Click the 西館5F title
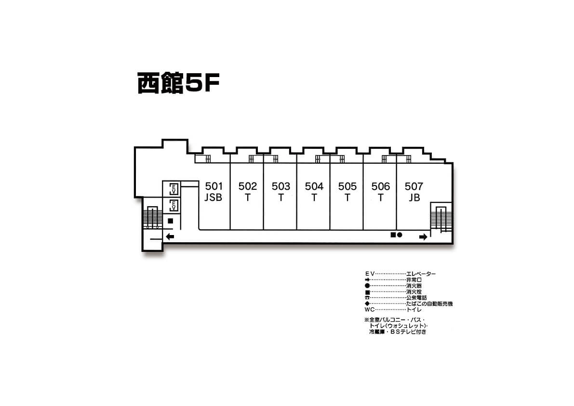pyautogui.click(x=178, y=83)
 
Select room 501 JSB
pyautogui.click(x=214, y=192)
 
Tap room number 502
pyautogui.click(x=247, y=186)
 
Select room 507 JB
pyautogui.click(x=414, y=192)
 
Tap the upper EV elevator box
pyautogui.click(x=174, y=189)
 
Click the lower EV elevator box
pyautogui.click(x=174, y=206)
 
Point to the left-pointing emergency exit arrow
pyautogui.click(x=170, y=236)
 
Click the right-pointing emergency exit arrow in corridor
pyautogui.click(x=423, y=237)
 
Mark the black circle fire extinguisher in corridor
pyautogui.click(x=400, y=235)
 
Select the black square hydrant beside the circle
pyautogui.click(x=393, y=235)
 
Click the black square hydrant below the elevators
pyautogui.click(x=170, y=221)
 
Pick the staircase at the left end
pyautogui.click(x=152, y=218)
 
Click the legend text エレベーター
pyautogui.click(x=421, y=274)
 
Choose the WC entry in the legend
pyautogui.click(x=370, y=310)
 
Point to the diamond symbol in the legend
pyautogui.click(x=367, y=303)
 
